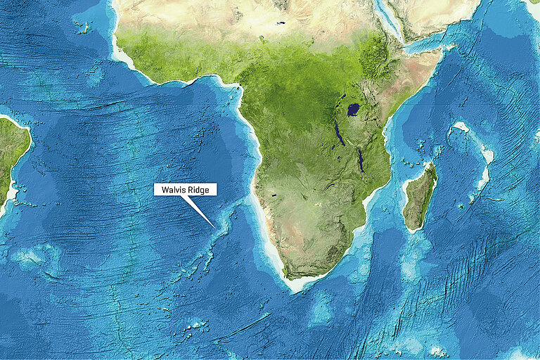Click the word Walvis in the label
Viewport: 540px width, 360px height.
tap(172, 190)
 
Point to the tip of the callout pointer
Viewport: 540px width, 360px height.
tap(215, 226)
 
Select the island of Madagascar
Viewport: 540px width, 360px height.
tap(420, 197)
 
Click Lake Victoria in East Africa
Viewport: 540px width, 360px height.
tap(353, 110)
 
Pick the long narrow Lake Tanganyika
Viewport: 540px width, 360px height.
tap(340, 133)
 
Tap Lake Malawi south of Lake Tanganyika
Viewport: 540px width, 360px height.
tap(361, 160)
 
